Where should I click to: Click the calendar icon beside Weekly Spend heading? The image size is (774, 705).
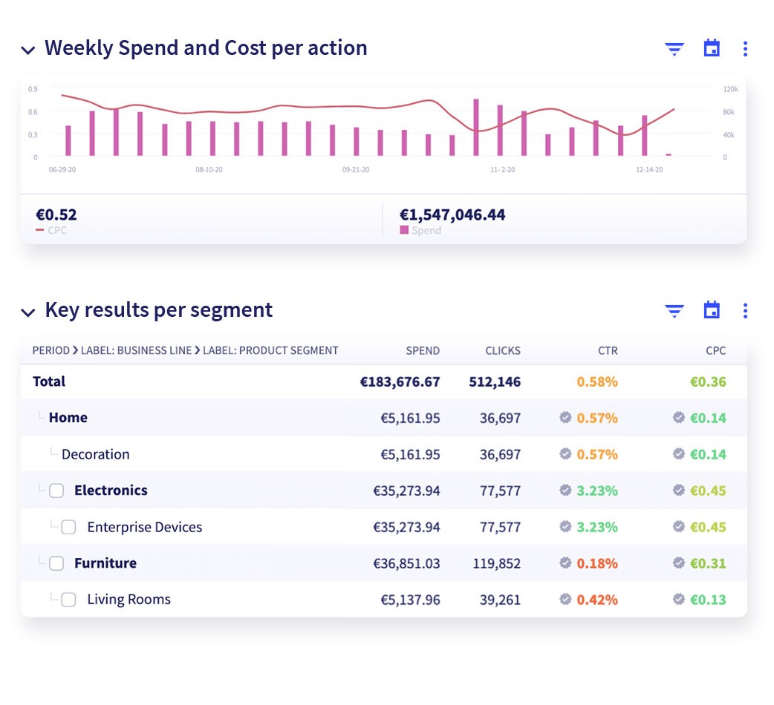(712, 48)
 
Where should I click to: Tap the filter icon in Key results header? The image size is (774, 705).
(674, 311)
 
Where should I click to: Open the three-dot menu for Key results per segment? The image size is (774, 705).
(745, 311)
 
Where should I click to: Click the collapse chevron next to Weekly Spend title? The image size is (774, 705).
(28, 50)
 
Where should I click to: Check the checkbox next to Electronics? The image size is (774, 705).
(56, 491)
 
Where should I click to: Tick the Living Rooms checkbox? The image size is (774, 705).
(68, 600)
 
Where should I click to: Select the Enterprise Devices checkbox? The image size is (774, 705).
(68, 527)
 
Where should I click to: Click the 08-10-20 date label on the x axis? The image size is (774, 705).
(209, 170)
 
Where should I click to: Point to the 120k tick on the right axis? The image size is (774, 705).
(731, 89)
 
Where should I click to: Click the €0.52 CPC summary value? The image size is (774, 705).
(56, 214)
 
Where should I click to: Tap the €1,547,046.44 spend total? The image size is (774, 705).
(452, 214)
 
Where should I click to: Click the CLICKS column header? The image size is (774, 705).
(503, 350)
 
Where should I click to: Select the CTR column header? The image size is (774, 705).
(608, 350)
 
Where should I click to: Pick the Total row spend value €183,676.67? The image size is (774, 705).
(400, 381)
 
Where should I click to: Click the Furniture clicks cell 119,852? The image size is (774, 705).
(497, 563)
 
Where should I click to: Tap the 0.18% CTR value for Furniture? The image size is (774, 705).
(597, 563)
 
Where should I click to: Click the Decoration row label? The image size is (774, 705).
(96, 454)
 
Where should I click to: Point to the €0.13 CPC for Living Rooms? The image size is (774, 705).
(708, 600)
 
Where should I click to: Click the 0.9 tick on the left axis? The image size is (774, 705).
(33, 89)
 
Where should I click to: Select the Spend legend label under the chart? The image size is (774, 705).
(426, 230)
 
